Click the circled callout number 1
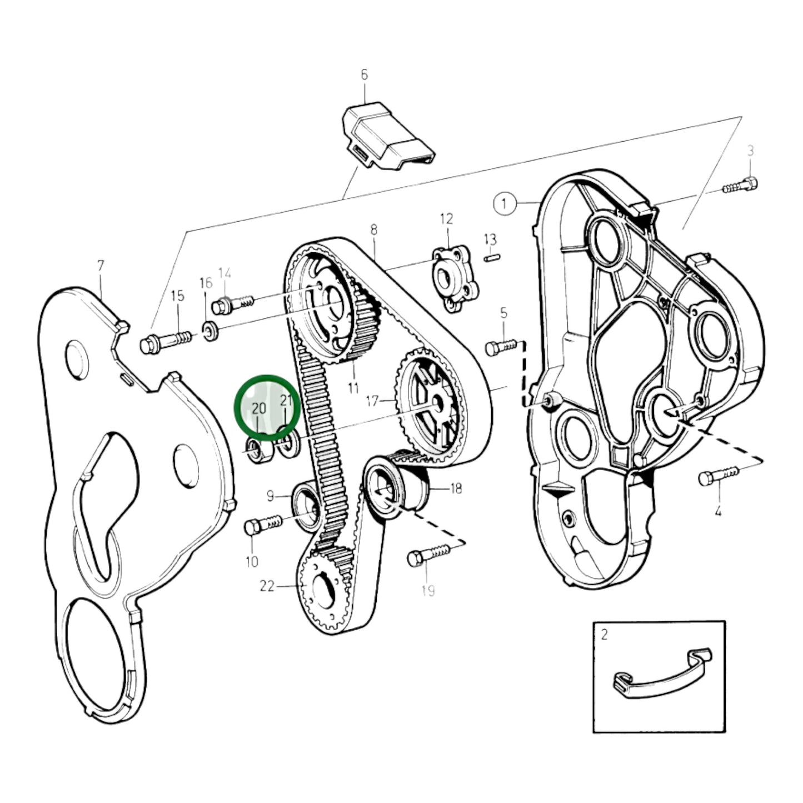coord(505,204)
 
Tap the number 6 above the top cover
coord(364,76)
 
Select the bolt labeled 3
coord(740,186)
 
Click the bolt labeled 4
coord(719,476)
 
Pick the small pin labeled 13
coord(492,258)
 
